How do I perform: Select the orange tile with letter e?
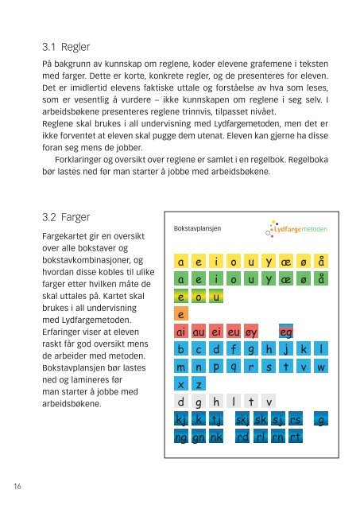coord(182,315)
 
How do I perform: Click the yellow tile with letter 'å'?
coord(321,262)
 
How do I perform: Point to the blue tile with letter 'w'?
coord(321,367)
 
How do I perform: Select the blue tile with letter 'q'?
coord(232,367)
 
